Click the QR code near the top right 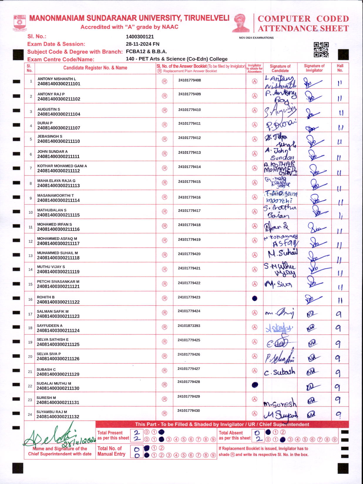coord(321,50)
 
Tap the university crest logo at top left coord(20,23)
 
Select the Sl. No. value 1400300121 coord(140,37)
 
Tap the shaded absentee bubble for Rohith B coord(255,298)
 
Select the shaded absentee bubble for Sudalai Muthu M coord(255,385)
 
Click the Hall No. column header coord(340,68)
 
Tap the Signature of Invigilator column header coord(314,68)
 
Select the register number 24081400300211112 coord(58,171)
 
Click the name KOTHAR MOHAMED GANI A coord(62,166)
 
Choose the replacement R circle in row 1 coord(164,81)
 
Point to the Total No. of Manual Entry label coord(111,451)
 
